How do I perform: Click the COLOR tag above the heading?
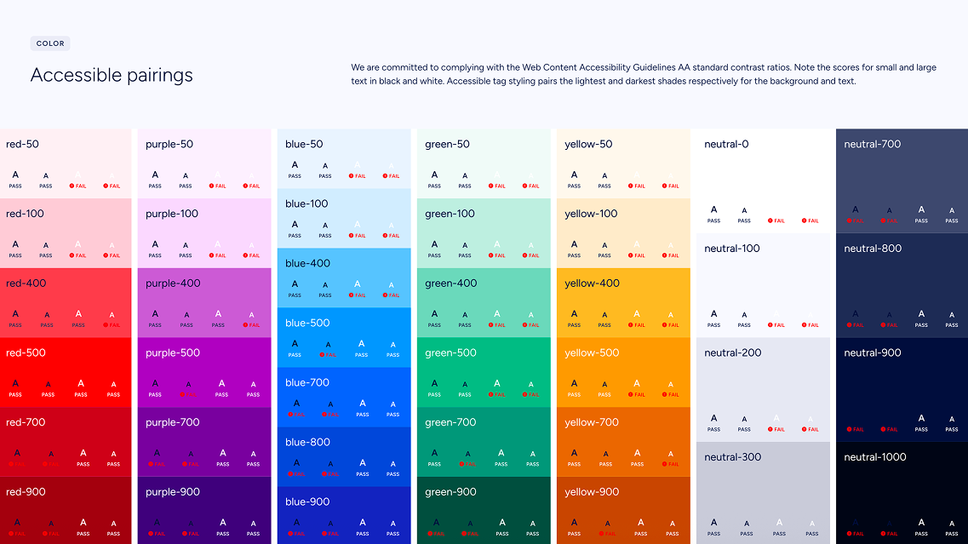(50, 43)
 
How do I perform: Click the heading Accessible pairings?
(112, 75)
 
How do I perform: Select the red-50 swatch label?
(22, 145)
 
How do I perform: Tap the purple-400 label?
(173, 283)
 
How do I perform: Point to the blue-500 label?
(307, 324)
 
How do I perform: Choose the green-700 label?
(450, 422)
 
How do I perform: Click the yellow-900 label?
(592, 492)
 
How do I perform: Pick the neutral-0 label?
(726, 145)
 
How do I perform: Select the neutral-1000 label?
(875, 457)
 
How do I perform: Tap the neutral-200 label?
(732, 353)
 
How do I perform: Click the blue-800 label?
(307, 443)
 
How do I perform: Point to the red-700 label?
(26, 422)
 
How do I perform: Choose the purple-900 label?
(173, 492)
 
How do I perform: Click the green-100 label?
(450, 214)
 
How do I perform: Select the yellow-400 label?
(592, 283)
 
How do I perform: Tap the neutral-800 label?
(873, 249)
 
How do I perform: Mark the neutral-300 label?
(732, 457)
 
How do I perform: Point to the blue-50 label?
(305, 145)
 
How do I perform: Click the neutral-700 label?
(873, 145)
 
